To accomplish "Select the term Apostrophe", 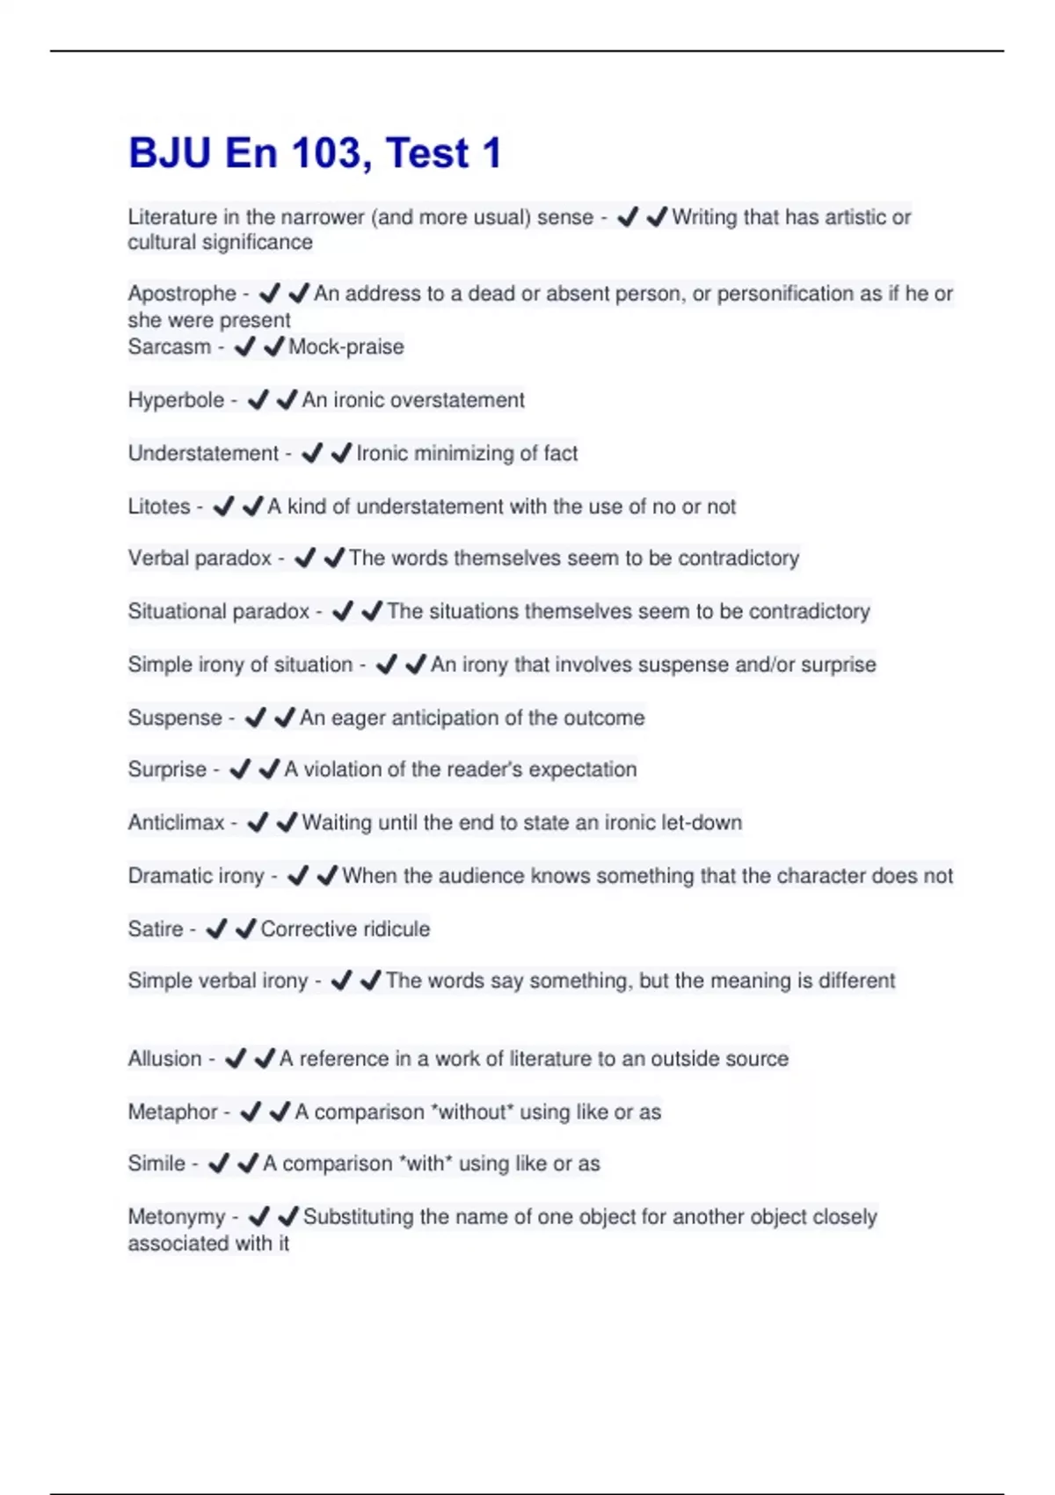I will (x=182, y=294).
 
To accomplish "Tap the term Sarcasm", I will (x=170, y=346).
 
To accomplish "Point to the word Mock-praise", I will (x=346, y=346).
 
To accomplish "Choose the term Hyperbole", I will (x=176, y=400).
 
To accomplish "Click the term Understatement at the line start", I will (x=203, y=453).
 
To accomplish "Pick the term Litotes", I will (x=159, y=507).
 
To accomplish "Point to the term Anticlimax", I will (x=177, y=823).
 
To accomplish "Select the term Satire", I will (x=156, y=929).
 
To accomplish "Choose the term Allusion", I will (x=164, y=1059).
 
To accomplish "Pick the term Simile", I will (x=156, y=1163).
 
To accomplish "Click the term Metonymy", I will (x=177, y=1217).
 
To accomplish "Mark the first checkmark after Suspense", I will (x=255, y=718).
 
